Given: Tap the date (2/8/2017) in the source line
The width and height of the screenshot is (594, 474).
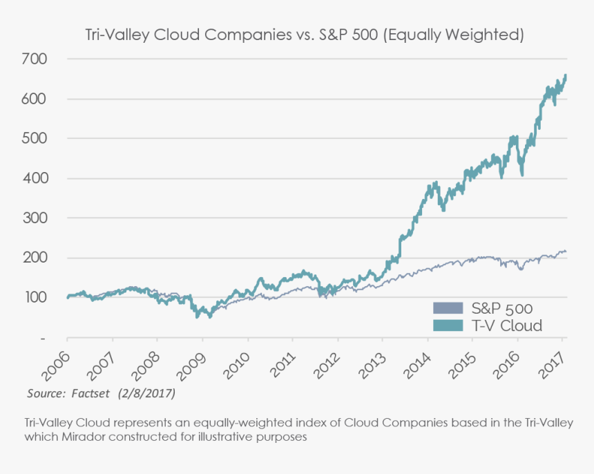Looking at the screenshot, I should pos(145,393).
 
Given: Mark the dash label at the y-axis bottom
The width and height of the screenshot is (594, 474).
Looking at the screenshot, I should pos(43,339).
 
